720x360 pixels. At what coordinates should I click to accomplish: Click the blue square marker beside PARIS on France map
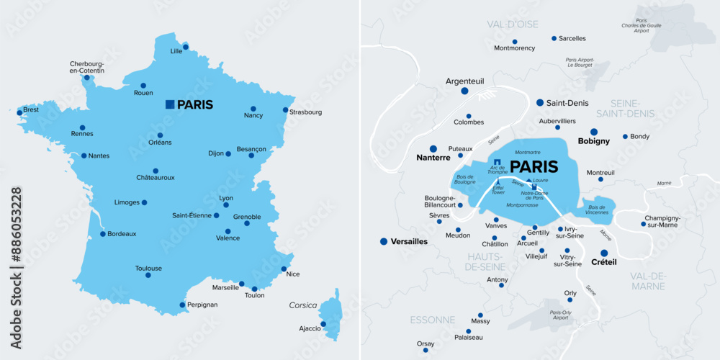tap(169, 104)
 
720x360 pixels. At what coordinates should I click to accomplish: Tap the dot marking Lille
tap(186, 48)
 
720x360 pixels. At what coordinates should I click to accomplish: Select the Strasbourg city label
tap(305, 112)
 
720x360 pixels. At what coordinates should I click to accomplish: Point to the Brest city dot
tap(19, 112)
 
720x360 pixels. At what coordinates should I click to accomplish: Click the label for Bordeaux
tap(122, 234)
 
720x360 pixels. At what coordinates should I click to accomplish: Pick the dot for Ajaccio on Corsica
tap(323, 323)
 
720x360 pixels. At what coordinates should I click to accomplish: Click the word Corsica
tap(303, 305)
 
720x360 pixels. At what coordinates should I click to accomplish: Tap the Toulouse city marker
tap(148, 275)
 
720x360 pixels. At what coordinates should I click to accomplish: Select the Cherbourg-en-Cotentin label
tap(87, 67)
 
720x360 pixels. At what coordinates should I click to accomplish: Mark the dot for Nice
tap(284, 269)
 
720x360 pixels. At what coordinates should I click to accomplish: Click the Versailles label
tap(408, 242)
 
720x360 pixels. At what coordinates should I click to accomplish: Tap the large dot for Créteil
tap(604, 252)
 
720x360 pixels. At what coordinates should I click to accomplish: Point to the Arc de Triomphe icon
tap(497, 161)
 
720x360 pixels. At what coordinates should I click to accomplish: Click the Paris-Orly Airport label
tap(560, 315)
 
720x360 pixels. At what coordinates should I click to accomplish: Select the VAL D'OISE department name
tap(512, 24)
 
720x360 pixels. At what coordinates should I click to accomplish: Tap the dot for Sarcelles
tap(554, 38)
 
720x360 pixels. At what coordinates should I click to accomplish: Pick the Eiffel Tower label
tap(498, 191)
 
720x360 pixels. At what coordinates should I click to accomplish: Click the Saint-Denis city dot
tap(540, 103)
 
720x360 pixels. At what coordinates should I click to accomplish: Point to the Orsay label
tap(426, 343)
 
